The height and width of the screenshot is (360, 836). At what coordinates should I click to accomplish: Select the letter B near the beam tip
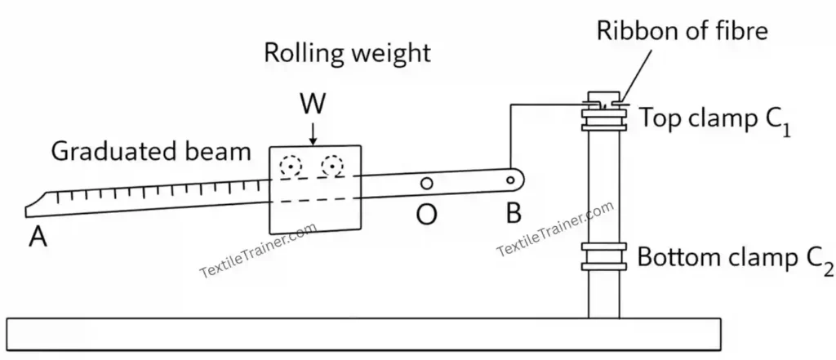click(x=513, y=214)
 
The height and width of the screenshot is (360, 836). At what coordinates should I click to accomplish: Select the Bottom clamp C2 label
click(x=736, y=259)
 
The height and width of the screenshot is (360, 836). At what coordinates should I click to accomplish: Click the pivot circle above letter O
click(x=426, y=183)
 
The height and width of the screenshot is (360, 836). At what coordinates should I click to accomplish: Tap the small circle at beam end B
click(x=511, y=180)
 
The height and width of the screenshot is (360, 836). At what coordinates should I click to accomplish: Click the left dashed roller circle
click(x=287, y=167)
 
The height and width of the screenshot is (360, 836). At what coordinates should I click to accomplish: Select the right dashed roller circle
click(x=331, y=167)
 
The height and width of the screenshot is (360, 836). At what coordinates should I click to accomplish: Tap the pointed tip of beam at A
click(x=28, y=209)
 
